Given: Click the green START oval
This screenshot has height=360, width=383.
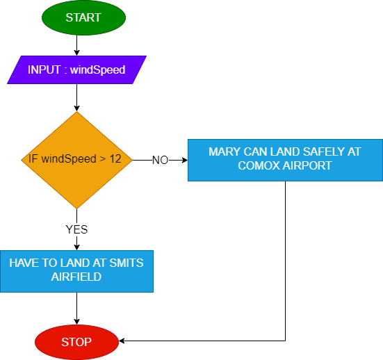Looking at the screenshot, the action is coord(84,17).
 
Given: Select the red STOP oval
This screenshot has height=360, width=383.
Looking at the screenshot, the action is coord(76,342).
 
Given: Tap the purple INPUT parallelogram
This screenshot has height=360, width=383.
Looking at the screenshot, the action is coord(76,70).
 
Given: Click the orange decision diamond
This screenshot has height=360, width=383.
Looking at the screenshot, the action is coord(76,160).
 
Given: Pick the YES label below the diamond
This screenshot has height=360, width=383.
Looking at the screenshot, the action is coord(76,229).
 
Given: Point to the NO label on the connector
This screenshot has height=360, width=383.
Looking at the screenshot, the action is coord(161,161).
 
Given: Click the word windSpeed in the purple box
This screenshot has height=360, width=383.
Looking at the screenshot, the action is coord(98,70).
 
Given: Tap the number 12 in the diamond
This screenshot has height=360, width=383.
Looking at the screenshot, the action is coord(115,159).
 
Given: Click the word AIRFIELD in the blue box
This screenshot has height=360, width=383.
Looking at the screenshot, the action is coord(76,277).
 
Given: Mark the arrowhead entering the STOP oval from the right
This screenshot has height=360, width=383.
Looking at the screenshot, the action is coord(122,341).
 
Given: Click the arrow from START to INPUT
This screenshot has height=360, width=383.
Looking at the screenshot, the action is coord(76,45).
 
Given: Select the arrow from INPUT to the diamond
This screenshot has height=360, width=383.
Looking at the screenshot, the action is coord(76,98).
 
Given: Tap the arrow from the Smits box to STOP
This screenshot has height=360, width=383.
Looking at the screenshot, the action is coord(76,309).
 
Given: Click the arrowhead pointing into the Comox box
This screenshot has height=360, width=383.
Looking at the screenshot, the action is coord(185,161).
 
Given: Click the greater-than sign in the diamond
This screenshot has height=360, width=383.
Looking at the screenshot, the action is coord(103,159).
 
